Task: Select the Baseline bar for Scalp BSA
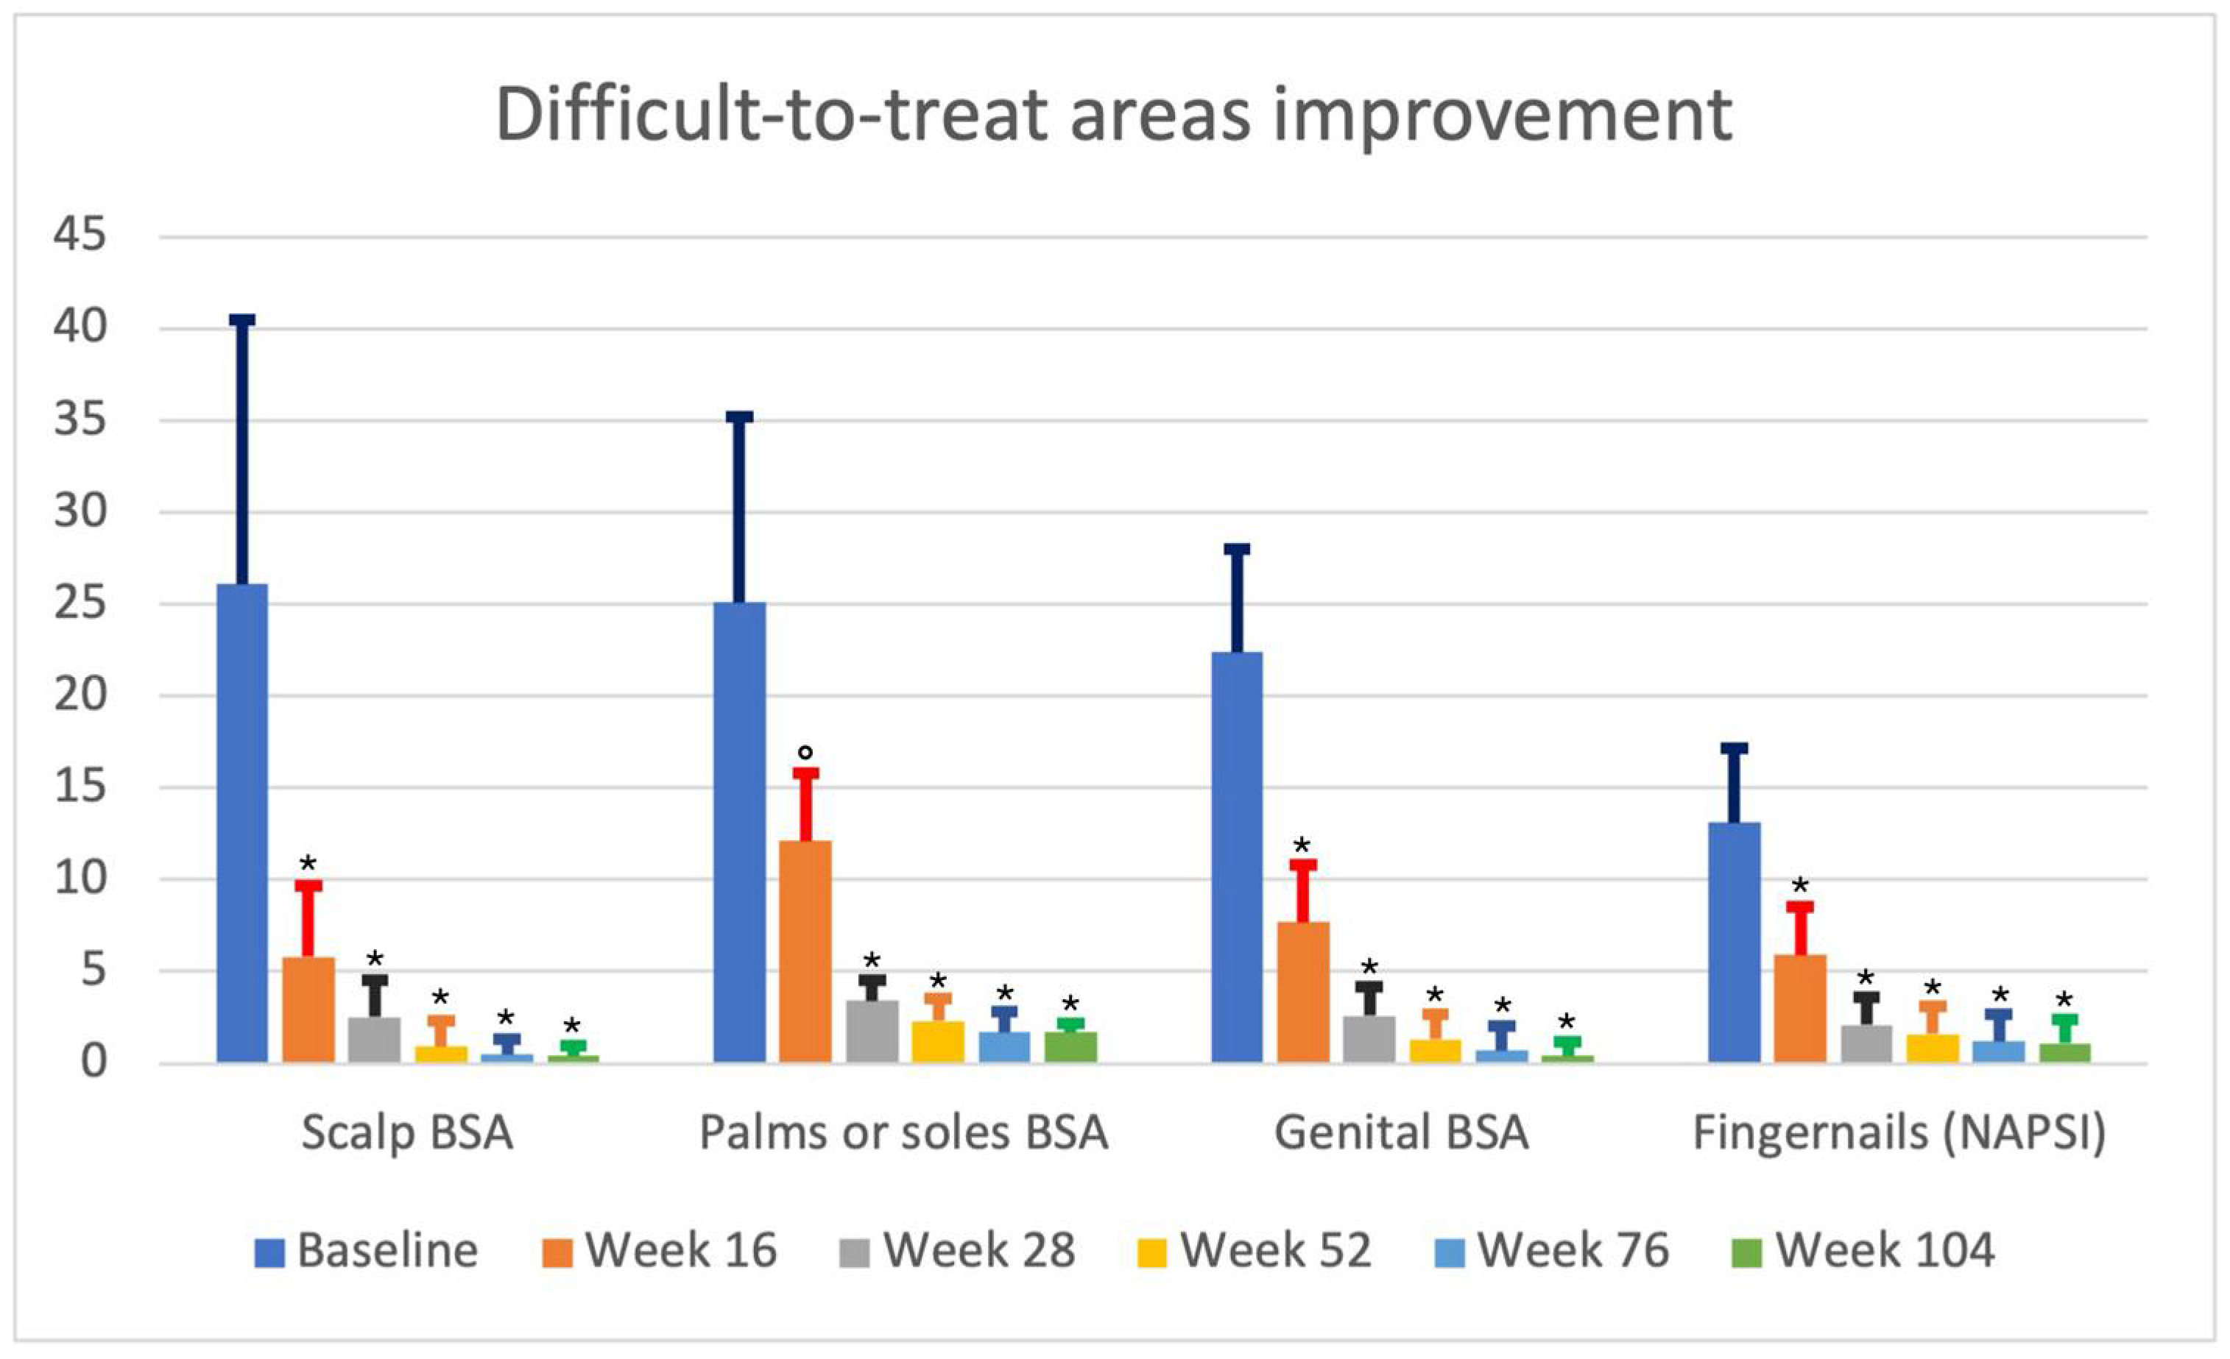coord(242,823)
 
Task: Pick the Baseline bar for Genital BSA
coord(1236,857)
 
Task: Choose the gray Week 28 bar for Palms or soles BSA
coord(872,1031)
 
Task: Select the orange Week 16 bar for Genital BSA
coord(1303,992)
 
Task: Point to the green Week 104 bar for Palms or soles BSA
coord(1070,1047)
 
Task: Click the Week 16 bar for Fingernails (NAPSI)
coord(1800,1008)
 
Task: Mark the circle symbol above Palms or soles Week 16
coord(805,752)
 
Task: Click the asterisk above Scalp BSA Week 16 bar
coord(308,862)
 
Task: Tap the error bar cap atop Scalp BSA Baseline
coord(242,319)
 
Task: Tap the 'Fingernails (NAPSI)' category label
coord(1899,1134)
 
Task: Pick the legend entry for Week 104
coord(1863,1250)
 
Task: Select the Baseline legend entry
coord(367,1250)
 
